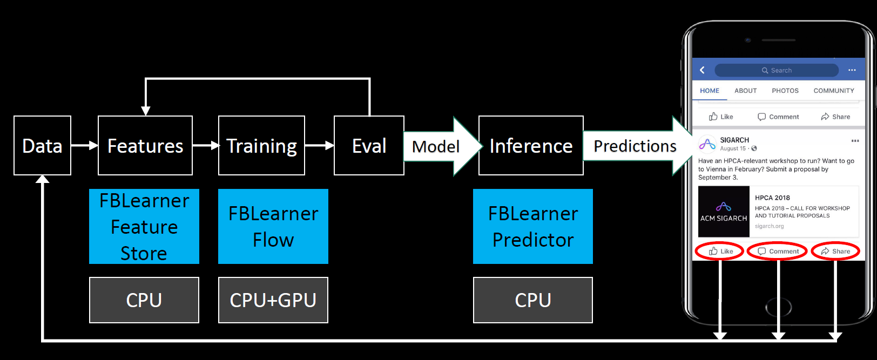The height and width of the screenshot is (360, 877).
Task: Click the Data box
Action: point(42,146)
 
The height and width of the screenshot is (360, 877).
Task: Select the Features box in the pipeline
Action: point(145,146)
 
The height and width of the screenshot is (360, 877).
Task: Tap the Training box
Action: point(261,146)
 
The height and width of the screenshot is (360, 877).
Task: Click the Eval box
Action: point(369,146)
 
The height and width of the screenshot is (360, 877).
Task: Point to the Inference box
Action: point(531,146)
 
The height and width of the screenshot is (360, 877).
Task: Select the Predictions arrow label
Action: point(635,146)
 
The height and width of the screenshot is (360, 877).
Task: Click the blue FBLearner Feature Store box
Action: point(144,227)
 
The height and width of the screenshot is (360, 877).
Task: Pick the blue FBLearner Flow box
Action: point(273,227)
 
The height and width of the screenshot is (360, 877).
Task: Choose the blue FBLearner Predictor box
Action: point(533,227)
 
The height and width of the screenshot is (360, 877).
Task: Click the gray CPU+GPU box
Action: point(273,300)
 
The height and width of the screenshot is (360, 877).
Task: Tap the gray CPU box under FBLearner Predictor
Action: point(533,300)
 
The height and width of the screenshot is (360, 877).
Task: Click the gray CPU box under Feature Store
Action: point(144,300)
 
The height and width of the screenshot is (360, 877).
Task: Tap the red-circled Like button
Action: point(720,251)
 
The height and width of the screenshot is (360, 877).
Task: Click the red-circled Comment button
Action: point(778,251)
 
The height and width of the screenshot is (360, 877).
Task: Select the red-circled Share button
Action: point(835,251)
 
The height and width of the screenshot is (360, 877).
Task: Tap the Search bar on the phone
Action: point(777,70)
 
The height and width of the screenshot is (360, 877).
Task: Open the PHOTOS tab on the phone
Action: point(785,91)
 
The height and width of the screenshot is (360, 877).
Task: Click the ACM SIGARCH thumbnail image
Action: point(724,212)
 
